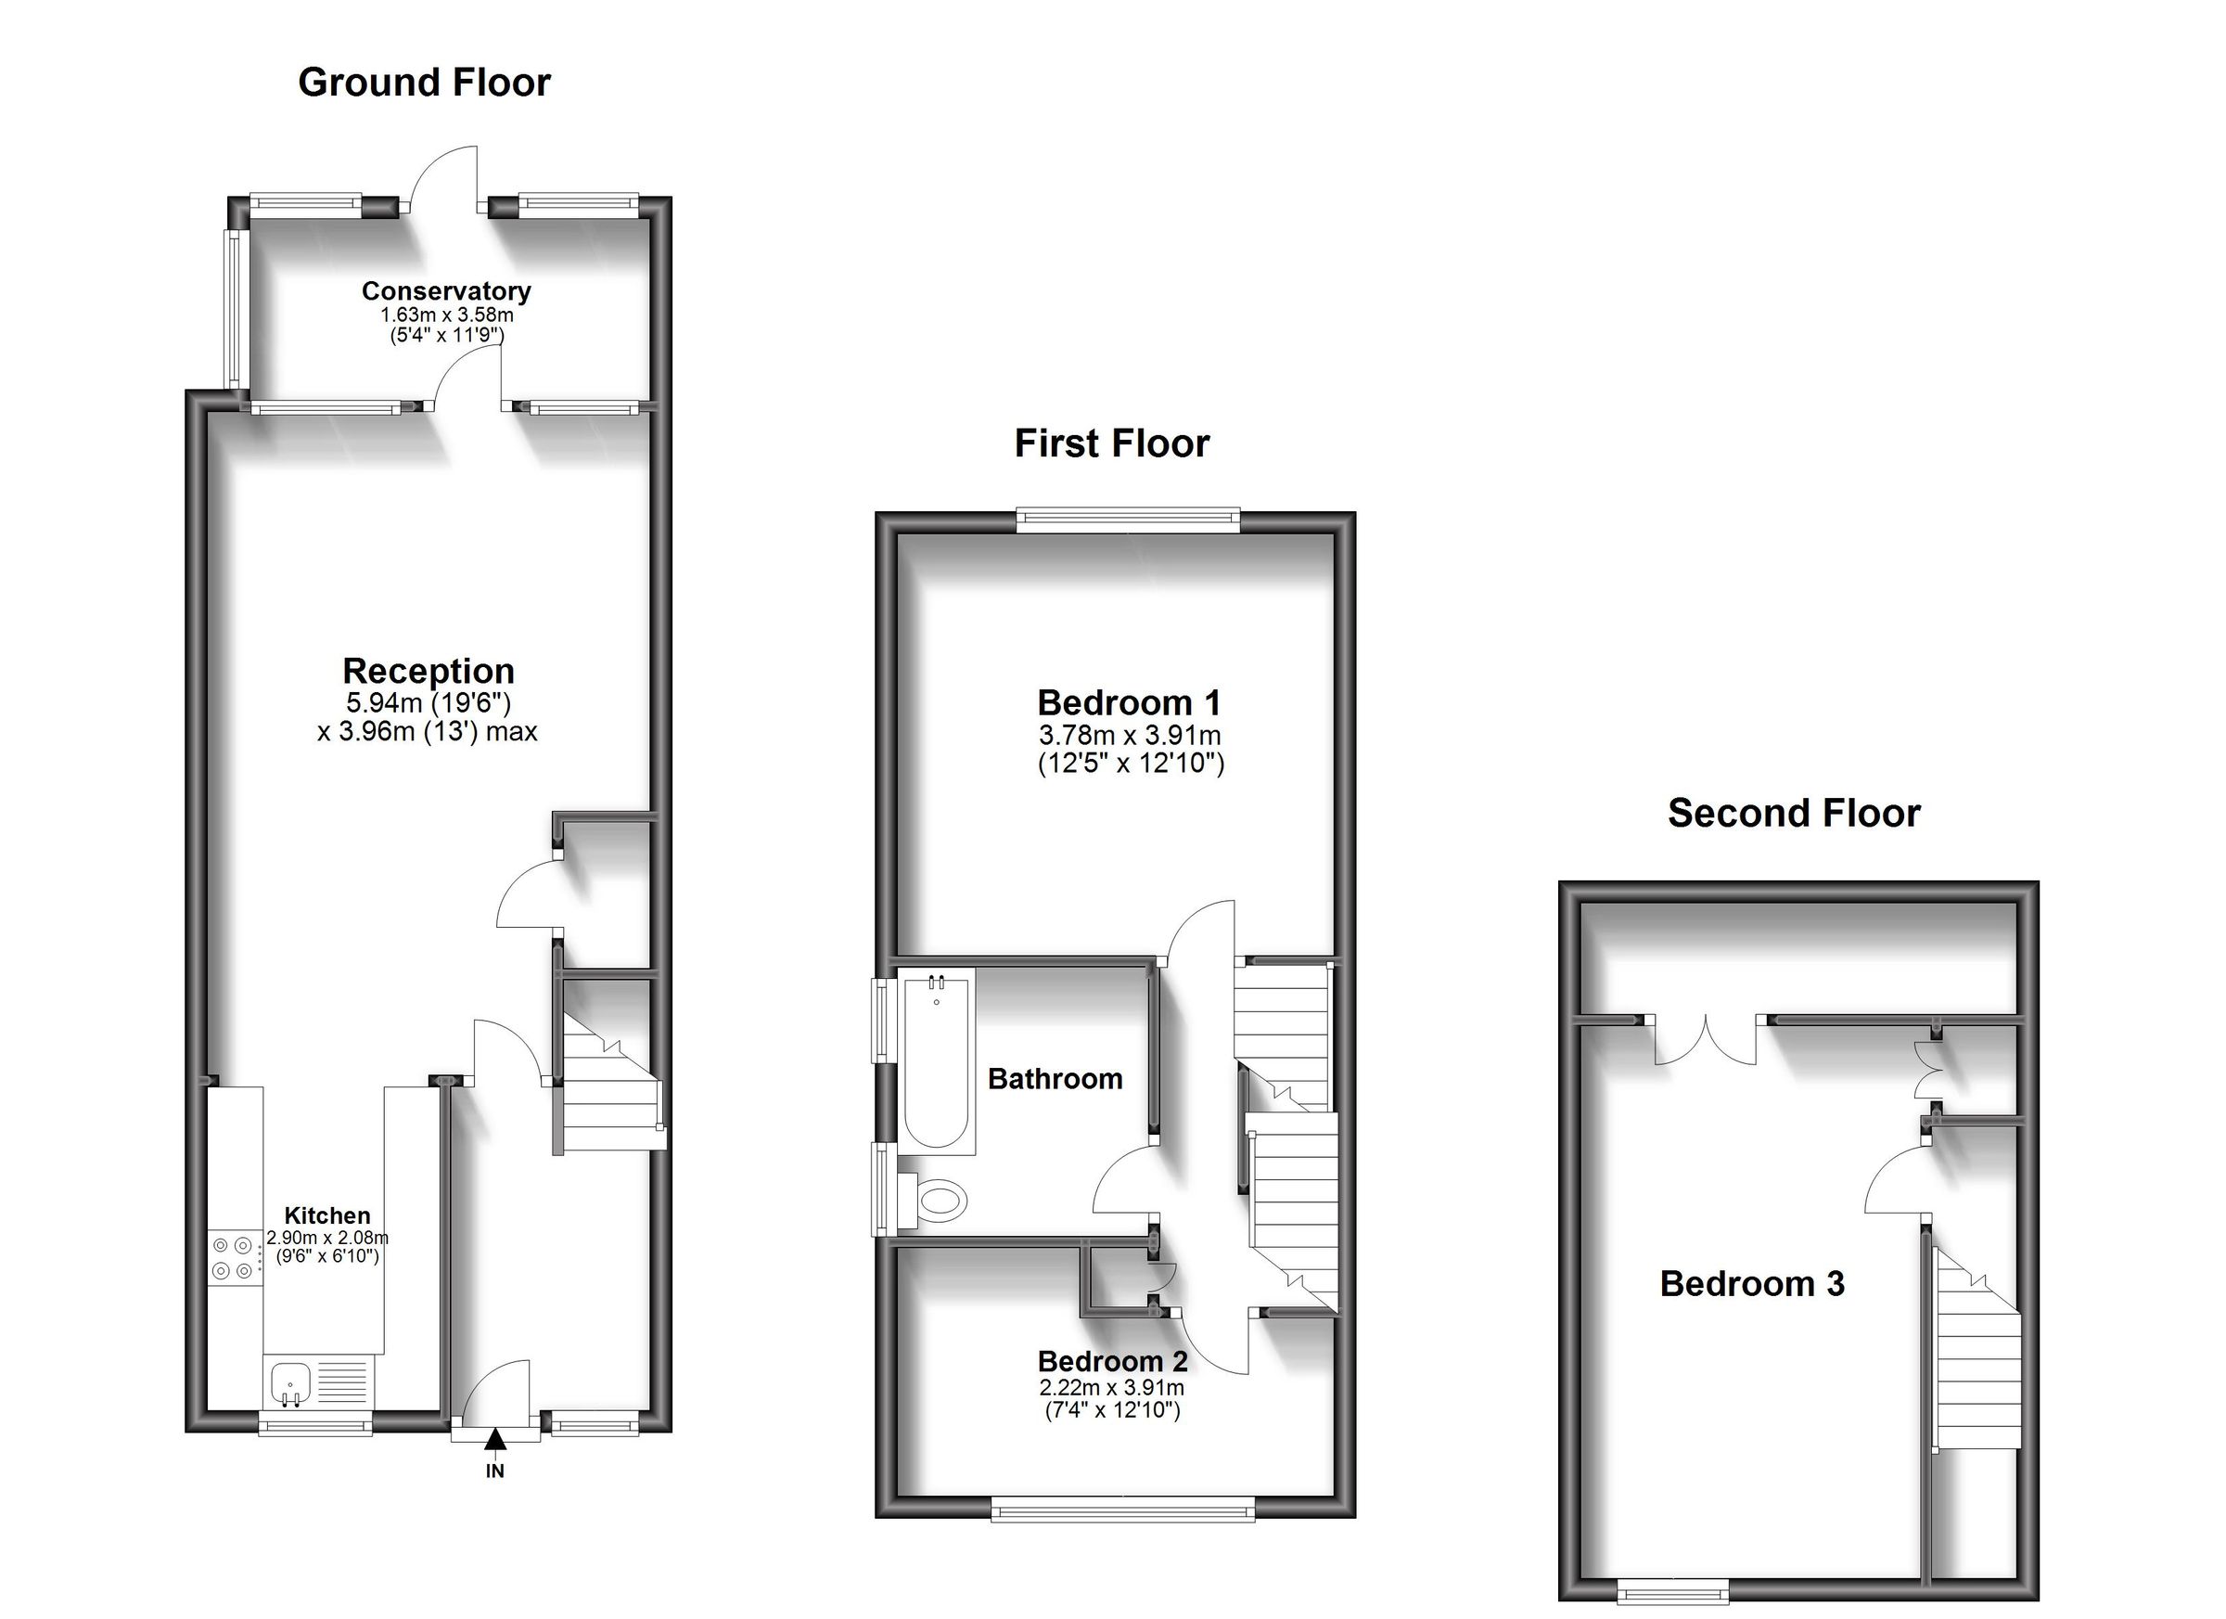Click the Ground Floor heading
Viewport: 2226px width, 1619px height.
click(x=424, y=83)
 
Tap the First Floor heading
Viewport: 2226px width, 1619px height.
click(x=1111, y=443)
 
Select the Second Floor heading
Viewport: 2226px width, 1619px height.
click(x=1793, y=813)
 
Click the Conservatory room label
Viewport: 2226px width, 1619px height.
click(x=446, y=290)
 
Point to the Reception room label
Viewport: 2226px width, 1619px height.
click(x=428, y=671)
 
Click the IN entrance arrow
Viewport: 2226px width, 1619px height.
click(x=495, y=1439)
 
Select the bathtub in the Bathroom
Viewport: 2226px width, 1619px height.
click(x=937, y=1059)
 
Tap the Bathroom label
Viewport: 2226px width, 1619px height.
click(x=1055, y=1079)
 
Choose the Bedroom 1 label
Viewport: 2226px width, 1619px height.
click(x=1129, y=703)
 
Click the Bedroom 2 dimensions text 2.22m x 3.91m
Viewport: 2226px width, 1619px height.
click(x=1111, y=1388)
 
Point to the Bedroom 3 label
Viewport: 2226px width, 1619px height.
click(x=1752, y=1284)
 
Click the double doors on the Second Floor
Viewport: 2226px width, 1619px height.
click(x=1706, y=1041)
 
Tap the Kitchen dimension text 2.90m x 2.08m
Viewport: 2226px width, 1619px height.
click(x=327, y=1238)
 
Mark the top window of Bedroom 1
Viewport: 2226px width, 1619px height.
click(x=1128, y=520)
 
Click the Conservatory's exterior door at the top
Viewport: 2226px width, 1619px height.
click(x=444, y=182)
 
